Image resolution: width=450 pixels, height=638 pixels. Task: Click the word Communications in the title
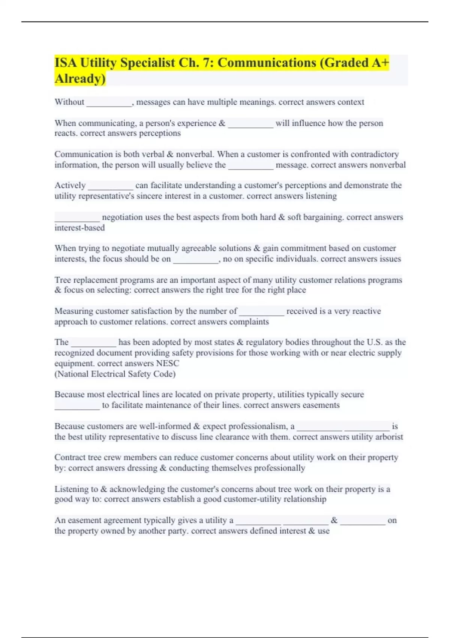coord(267,63)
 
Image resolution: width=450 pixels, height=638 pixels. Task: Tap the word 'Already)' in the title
coord(80,79)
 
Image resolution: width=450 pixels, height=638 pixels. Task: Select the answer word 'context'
coord(351,102)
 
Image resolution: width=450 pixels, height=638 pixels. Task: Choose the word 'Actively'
coord(70,185)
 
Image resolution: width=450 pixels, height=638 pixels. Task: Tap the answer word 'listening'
coord(321,196)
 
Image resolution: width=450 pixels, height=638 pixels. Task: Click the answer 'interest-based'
coord(79,228)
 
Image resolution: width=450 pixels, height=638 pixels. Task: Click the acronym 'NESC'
coord(168,363)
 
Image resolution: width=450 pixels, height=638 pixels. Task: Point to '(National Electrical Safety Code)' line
coord(115,374)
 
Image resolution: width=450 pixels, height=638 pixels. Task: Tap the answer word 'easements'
coord(321,405)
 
